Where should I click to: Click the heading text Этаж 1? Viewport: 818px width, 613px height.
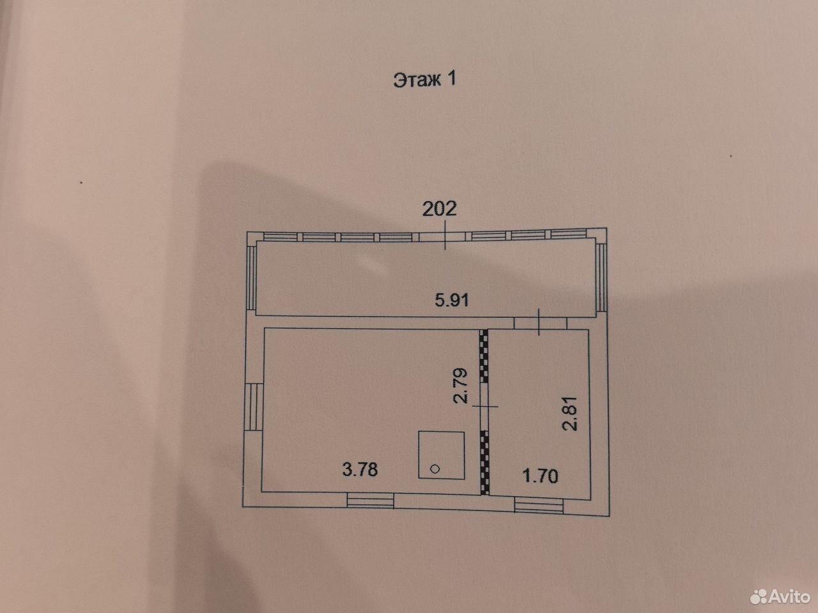424,80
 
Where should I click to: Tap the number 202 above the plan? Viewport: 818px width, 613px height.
440,209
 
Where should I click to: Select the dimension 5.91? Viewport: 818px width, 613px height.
452,299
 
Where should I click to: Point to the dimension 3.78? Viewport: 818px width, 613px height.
360,469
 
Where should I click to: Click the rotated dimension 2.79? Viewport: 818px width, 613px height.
461,386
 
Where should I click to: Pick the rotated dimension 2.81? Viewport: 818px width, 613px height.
570,413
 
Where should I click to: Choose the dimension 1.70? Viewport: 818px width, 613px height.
541,476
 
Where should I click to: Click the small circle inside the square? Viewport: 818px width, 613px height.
435,469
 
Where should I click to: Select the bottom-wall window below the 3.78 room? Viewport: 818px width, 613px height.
370,500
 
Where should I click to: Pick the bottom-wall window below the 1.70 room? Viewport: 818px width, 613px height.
539,506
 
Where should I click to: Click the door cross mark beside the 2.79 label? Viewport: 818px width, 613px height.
485,406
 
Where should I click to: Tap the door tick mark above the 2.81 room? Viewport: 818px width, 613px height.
539,322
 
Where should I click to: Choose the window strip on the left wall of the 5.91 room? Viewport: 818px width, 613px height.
252,278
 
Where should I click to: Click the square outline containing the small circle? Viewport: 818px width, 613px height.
441,432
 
